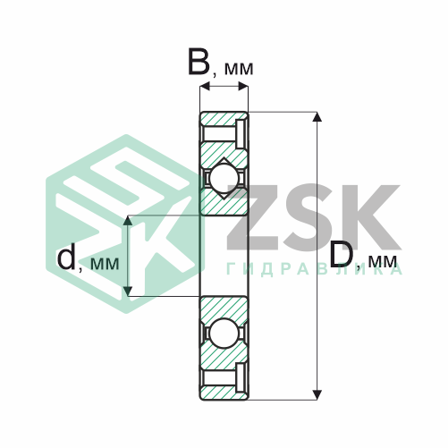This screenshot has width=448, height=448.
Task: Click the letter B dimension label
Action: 199,62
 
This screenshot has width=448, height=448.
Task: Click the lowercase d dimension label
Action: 66,258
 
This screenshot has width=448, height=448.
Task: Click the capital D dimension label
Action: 341,253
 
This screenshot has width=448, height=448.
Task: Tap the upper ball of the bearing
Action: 224,178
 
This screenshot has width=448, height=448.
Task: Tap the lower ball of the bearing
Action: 224,333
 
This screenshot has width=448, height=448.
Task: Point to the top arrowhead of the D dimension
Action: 317,116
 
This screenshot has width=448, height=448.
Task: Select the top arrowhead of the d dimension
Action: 128,220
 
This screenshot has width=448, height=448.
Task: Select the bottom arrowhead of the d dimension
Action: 128,292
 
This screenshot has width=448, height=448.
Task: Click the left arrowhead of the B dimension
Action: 205,87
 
